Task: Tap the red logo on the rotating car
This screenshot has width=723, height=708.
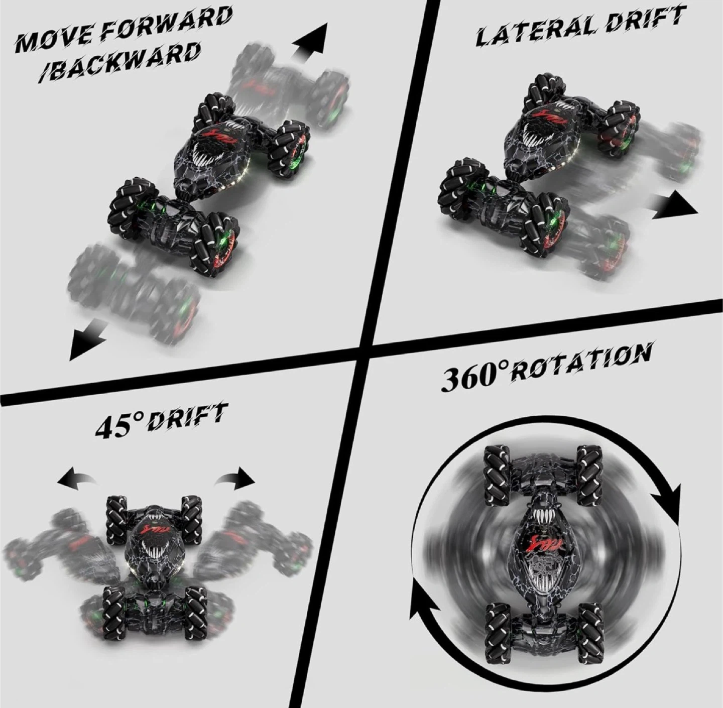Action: pyautogui.click(x=542, y=542)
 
